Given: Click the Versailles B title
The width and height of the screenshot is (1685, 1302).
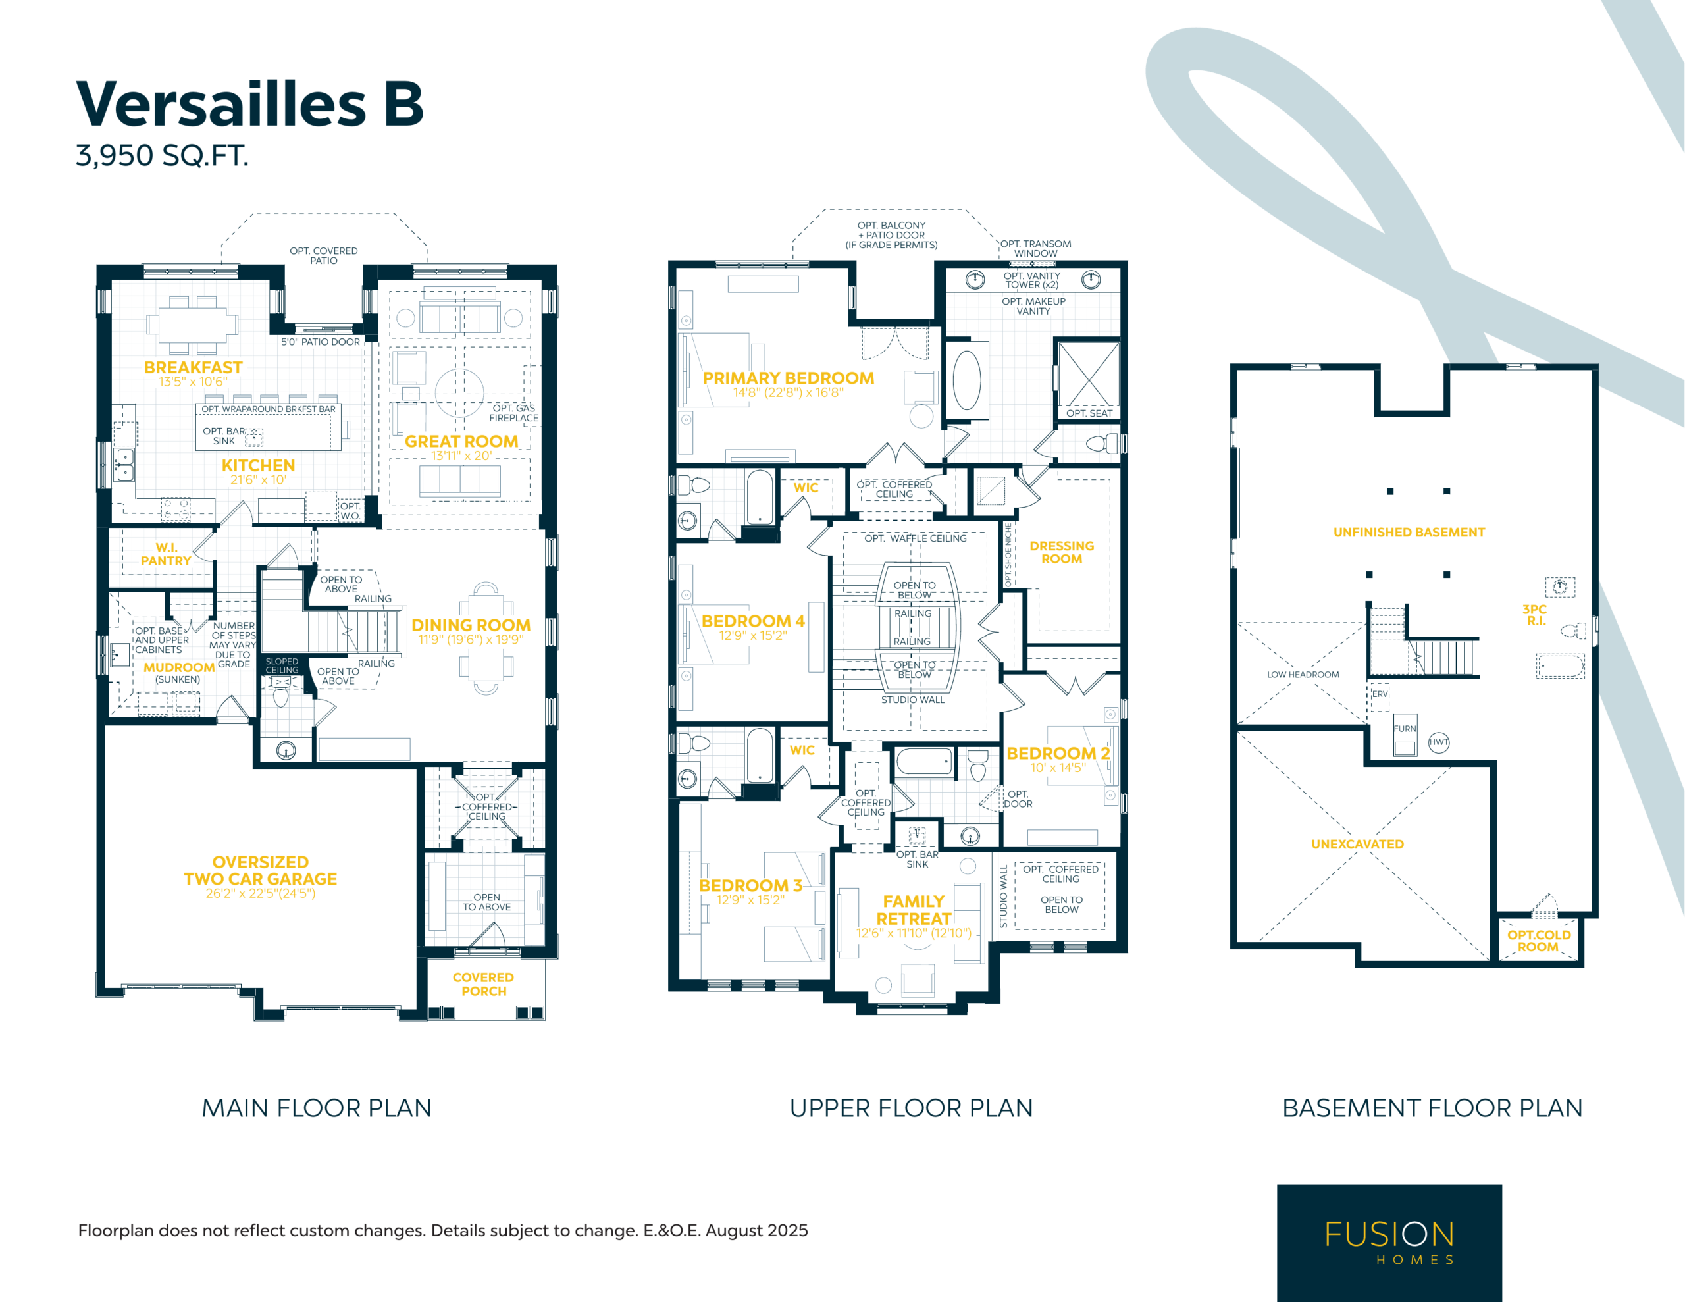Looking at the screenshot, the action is click(250, 103).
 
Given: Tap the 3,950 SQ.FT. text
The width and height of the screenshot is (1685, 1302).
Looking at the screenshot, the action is click(162, 156).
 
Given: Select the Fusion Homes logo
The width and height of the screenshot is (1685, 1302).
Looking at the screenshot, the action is click(1389, 1243).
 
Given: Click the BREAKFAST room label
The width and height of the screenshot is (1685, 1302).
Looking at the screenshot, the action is click(193, 367).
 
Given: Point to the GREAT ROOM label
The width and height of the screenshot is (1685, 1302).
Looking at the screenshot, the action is click(461, 442).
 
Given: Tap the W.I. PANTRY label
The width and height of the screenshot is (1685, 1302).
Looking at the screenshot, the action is click(166, 554).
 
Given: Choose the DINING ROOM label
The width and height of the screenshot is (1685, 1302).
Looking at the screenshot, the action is click(471, 625).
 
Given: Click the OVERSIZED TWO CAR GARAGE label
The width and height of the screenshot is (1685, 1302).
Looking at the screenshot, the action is click(260, 871).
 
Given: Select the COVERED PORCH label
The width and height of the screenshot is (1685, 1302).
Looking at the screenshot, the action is click(483, 984).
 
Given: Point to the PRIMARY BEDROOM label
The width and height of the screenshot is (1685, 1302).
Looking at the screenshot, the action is click(788, 378).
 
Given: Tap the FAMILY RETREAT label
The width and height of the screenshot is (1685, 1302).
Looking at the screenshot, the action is click(914, 910).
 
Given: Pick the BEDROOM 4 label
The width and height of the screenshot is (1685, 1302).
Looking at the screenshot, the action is click(752, 621).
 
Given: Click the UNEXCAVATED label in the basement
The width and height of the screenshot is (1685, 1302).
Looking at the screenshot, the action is click(1357, 845).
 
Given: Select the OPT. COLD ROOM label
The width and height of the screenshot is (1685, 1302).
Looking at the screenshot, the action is click(1538, 941).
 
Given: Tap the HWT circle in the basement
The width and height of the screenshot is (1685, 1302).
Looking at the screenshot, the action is click(1439, 742).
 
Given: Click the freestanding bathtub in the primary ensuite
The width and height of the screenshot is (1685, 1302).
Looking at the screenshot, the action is click(967, 380).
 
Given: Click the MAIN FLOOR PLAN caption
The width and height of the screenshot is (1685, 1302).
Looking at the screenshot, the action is click(317, 1108).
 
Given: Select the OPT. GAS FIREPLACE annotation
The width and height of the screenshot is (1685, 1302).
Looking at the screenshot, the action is click(514, 413).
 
